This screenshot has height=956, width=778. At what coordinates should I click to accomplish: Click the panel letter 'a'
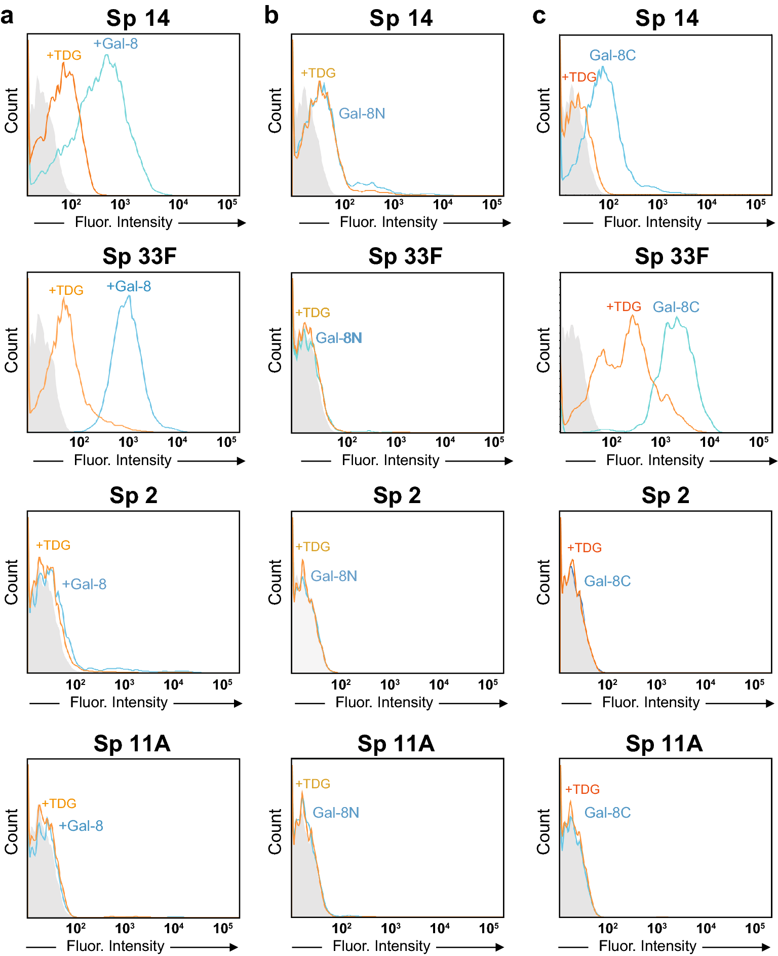click(x=7, y=16)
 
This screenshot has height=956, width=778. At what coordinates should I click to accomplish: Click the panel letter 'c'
click(x=539, y=16)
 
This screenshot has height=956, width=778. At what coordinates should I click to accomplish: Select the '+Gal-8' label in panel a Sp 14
click(x=115, y=44)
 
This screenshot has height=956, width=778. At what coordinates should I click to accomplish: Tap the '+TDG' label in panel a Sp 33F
click(x=66, y=290)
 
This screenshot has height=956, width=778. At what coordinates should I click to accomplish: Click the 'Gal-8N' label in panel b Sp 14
click(x=362, y=113)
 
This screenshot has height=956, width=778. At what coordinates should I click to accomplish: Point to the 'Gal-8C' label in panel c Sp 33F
click(x=676, y=307)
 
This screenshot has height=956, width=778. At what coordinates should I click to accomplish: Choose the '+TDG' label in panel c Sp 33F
click(x=624, y=307)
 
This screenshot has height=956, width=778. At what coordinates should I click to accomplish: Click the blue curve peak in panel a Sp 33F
click(x=129, y=296)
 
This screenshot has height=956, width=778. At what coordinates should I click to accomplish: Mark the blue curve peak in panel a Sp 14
click(x=107, y=55)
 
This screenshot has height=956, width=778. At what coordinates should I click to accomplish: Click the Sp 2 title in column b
click(x=397, y=495)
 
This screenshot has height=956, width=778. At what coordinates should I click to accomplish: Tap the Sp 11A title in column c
click(x=664, y=744)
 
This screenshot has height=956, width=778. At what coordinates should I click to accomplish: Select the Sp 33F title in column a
click(x=139, y=256)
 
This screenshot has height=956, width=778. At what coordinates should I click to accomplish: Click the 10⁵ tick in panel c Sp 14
click(x=756, y=205)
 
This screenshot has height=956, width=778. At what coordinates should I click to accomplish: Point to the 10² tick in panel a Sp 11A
click(x=76, y=928)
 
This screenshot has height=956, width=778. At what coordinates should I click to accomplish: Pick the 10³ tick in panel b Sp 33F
click(x=396, y=442)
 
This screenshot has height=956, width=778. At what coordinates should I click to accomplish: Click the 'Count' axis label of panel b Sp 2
click(x=275, y=582)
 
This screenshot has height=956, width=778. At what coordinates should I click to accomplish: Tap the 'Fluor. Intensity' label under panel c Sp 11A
click(x=647, y=946)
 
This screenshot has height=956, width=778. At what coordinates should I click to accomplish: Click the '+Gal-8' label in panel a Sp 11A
click(x=81, y=826)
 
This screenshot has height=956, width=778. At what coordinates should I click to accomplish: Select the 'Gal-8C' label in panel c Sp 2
click(x=607, y=581)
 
